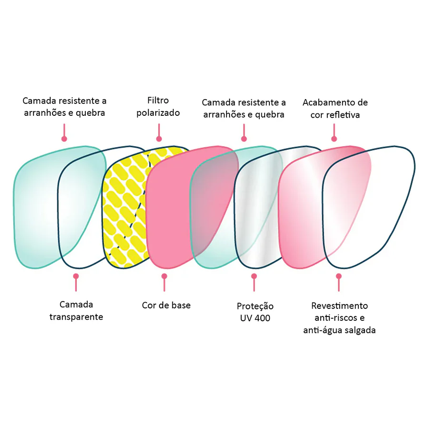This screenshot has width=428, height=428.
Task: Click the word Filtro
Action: tap(158, 101)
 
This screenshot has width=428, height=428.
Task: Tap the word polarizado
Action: tap(158, 113)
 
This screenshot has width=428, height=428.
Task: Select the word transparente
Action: tap(76, 317)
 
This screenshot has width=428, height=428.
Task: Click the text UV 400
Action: tap(255, 318)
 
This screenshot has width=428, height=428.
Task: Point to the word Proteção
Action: tap(255, 306)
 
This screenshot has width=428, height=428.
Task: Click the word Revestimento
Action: tap(339, 306)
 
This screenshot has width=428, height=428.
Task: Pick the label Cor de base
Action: tap(166, 305)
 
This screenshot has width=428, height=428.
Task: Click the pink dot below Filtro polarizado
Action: tap(159, 139)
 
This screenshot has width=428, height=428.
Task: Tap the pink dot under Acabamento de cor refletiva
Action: tap(334, 139)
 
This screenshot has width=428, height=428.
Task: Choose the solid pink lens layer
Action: tap(171, 210)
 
